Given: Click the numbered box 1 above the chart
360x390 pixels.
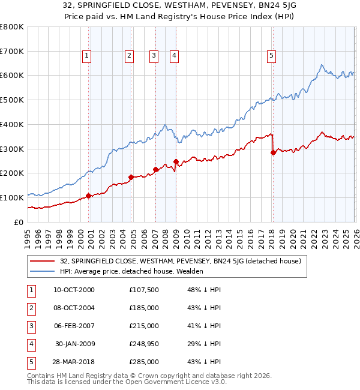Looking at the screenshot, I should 87,56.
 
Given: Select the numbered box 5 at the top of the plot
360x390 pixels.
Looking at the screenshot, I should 272,56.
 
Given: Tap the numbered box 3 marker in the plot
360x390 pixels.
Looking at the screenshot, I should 154,56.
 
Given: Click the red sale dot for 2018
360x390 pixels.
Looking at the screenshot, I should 273,152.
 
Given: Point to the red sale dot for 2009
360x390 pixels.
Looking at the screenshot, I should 176,161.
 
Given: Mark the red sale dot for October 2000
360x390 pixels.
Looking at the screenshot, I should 88,196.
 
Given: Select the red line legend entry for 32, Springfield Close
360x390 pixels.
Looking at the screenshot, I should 184,261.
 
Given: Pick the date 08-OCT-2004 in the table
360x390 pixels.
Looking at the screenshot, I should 74,308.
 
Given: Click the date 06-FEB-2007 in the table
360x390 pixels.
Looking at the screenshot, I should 74,326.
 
